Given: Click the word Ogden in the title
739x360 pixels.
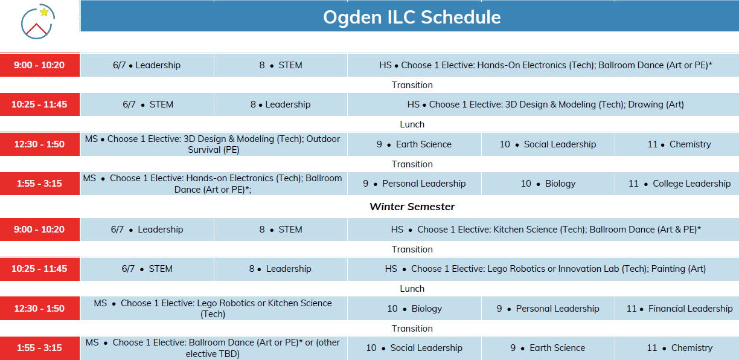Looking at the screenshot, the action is pyautogui.click(x=352, y=18).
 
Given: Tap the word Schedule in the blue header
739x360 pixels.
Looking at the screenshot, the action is pyautogui.click(x=461, y=17).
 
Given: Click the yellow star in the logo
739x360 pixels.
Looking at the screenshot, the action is pyautogui.click(x=44, y=12).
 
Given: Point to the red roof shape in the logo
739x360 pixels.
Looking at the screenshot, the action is pyautogui.click(x=37, y=30).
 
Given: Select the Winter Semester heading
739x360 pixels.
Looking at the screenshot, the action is pyautogui.click(x=412, y=207).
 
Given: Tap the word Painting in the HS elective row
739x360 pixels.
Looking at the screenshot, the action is pyautogui.click(x=668, y=269).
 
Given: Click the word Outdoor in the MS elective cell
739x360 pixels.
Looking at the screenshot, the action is pyautogui.click(x=323, y=139).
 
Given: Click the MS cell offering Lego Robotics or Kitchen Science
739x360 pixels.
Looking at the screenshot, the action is pyautogui.click(x=214, y=309).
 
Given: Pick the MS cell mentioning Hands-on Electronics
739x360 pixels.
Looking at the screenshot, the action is pyautogui.click(x=214, y=184).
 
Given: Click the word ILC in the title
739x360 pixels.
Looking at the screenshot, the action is pyautogui.click(x=401, y=17).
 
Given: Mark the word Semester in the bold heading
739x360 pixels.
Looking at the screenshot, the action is pyautogui.click(x=432, y=207).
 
